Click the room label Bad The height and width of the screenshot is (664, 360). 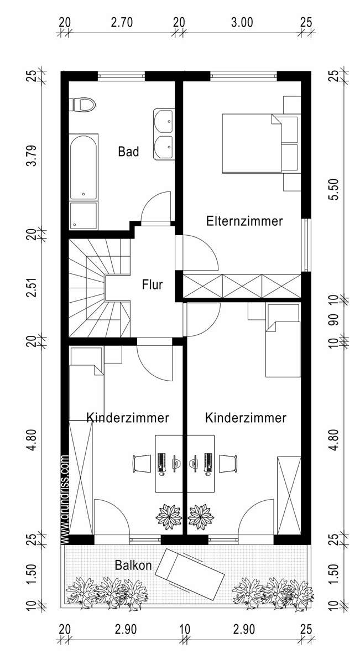click(x=128, y=152)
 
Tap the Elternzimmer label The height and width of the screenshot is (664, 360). click(x=244, y=221)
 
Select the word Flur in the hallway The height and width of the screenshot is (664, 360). click(x=152, y=286)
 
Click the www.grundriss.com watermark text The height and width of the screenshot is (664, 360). click(x=64, y=498)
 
